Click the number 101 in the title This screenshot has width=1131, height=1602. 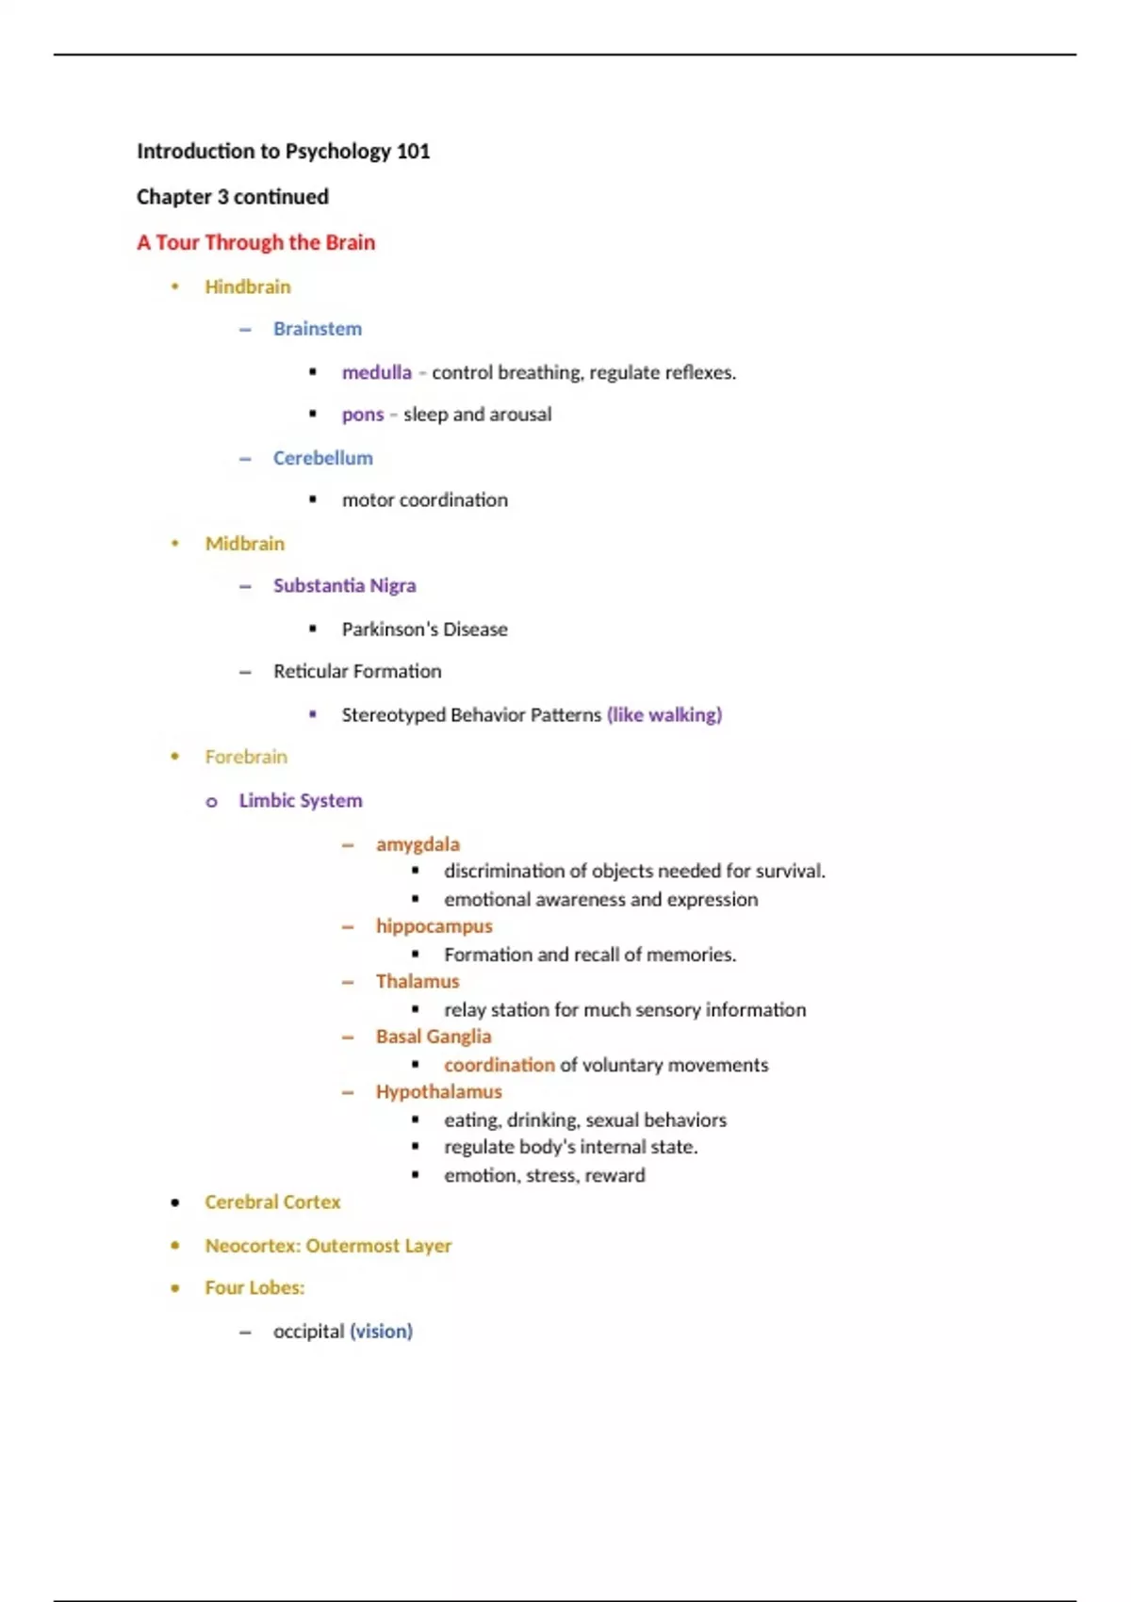pyautogui.click(x=413, y=152)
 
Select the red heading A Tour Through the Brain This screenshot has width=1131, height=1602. pyautogui.click(x=255, y=243)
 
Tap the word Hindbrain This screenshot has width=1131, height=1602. pyautogui.click(x=248, y=287)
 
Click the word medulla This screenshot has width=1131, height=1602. pyautogui.click(x=376, y=373)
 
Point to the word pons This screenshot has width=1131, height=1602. pyautogui.click(x=363, y=415)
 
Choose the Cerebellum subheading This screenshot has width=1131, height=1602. pyautogui.click(x=322, y=458)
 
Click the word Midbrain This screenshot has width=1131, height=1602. pyautogui.click(x=244, y=544)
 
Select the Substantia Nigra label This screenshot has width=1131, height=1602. pyautogui.click(x=344, y=586)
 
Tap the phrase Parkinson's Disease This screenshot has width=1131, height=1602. pyautogui.click(x=424, y=629)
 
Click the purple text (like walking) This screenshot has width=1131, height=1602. pyautogui.click(x=664, y=715)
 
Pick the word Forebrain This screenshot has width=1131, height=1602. pyautogui.click(x=246, y=757)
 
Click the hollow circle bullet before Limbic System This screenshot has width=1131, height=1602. pyautogui.click(x=212, y=802)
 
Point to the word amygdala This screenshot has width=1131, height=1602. pyautogui.click(x=418, y=844)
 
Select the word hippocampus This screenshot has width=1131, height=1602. pyautogui.click(x=434, y=926)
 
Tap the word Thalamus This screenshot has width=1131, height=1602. pyautogui.click(x=418, y=982)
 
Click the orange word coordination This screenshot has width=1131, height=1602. pyautogui.click(x=500, y=1065)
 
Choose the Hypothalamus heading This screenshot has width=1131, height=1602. pyautogui.click(x=438, y=1092)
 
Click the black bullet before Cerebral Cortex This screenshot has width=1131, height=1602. pyautogui.click(x=175, y=1202)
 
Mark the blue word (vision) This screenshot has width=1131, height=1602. pyautogui.click(x=381, y=1332)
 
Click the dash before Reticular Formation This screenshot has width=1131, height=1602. pyautogui.click(x=245, y=672)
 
